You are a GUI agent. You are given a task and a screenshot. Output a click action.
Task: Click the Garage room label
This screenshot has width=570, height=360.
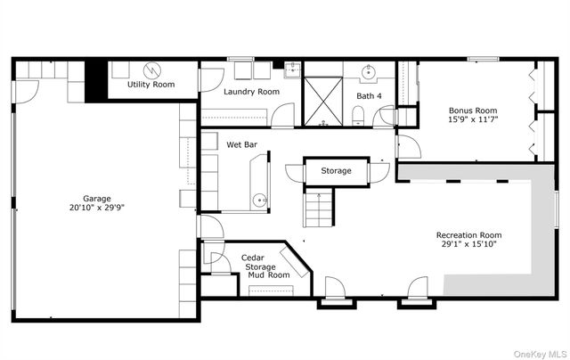[97, 199]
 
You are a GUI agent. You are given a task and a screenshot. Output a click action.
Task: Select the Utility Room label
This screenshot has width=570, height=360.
[151, 85]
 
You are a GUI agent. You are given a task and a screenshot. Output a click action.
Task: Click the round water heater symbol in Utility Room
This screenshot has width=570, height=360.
[152, 70]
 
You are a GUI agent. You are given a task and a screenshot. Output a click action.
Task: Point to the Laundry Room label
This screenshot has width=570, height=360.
[251, 92]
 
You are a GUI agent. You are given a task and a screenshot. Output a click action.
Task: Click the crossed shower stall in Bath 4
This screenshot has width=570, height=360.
[323, 102]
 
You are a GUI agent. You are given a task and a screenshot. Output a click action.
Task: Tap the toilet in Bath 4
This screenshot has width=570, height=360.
[358, 116]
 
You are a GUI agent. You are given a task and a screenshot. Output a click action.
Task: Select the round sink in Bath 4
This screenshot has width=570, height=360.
[369, 72]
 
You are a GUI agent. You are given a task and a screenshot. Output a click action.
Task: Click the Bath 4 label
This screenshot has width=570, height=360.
[369, 96]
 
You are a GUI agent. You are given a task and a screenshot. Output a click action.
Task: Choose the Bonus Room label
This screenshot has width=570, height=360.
[473, 110]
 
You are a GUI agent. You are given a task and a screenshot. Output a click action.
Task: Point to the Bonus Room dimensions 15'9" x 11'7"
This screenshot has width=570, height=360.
[473, 119]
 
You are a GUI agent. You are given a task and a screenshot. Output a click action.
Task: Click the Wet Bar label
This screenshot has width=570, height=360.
[241, 144]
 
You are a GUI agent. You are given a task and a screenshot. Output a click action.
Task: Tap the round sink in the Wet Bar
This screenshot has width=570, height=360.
[260, 200]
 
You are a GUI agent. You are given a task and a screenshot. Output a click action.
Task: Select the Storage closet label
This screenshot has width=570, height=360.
[337, 170]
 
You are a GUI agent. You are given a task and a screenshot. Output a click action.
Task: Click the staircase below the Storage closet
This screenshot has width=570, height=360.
[319, 208]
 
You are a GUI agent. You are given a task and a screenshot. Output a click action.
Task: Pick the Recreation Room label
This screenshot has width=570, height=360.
[469, 235]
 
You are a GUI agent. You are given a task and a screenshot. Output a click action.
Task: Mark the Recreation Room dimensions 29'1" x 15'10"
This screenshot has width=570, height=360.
[469, 244]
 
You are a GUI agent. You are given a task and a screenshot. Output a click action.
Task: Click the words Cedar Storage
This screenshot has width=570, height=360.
[257, 262]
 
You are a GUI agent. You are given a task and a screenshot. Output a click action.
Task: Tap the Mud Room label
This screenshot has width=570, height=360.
[269, 275]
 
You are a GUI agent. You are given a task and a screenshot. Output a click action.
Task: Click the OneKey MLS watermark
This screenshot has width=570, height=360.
[540, 354]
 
